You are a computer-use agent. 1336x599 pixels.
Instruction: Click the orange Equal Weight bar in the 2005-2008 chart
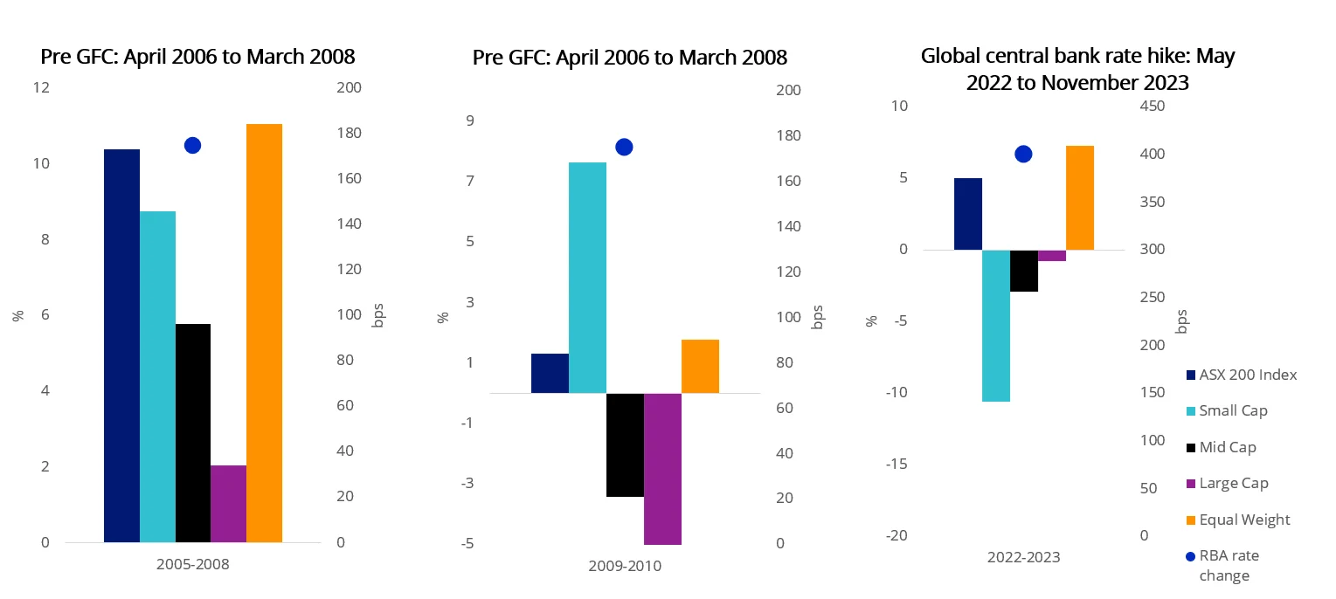coord(264,333)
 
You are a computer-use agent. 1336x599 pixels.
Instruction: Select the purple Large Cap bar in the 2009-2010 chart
coord(662,468)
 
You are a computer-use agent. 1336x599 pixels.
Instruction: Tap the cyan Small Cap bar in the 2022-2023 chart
coord(996,325)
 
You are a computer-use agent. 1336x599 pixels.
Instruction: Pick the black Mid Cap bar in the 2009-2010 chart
coord(625,444)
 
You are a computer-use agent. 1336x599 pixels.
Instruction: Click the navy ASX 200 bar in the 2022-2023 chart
coord(968,214)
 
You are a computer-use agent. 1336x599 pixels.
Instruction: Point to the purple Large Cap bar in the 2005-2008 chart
coord(228,504)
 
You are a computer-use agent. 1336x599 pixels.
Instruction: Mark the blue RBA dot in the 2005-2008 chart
coord(193,146)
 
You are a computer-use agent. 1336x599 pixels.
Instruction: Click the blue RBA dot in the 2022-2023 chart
coord(1024,155)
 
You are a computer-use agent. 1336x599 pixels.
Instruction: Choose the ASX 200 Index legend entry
coord(1247,375)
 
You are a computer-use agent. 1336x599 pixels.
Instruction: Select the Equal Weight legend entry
coord(1243,520)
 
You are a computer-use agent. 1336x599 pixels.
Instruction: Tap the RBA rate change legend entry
coord(1228,565)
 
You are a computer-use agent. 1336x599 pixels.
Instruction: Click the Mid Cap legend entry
coord(1227,447)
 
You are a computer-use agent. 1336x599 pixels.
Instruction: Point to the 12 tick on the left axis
coord(42,88)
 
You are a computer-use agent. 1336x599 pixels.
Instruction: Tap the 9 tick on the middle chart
coord(469,120)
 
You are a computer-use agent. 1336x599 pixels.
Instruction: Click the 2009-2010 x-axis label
coord(625,566)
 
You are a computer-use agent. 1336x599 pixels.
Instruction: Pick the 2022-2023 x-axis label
coord(1024,557)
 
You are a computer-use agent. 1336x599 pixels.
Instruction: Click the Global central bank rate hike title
coord(1077,69)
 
